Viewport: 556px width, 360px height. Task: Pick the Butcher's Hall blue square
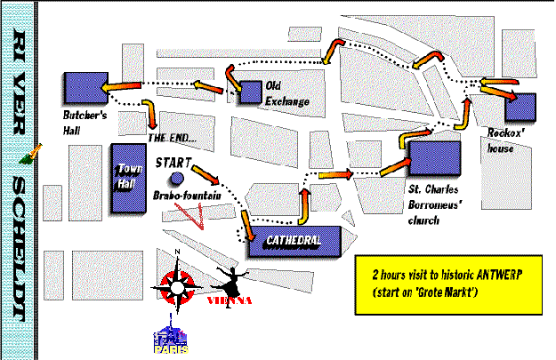click(x=84, y=87)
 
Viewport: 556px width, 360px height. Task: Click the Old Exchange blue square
click(x=250, y=91)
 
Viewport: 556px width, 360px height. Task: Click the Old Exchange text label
click(x=287, y=93)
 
